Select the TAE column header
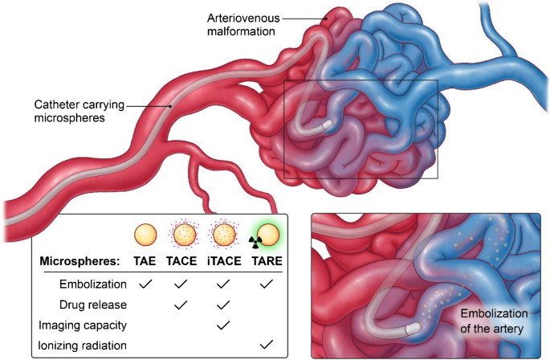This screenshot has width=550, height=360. click(145, 262)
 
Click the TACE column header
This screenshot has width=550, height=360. click(182, 262)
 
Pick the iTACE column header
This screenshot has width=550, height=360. click(224, 262)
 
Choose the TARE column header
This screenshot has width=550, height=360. click(267, 262)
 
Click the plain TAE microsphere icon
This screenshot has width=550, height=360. click(145, 235)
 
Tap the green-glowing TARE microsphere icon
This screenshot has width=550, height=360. click(271, 235)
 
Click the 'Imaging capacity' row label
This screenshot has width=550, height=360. click(82, 325)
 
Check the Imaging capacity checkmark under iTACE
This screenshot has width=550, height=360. click(224, 325)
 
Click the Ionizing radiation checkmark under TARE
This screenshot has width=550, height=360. click(267, 345)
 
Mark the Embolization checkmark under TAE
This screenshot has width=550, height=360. click(145, 284)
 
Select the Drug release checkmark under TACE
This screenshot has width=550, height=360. click(182, 305)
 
